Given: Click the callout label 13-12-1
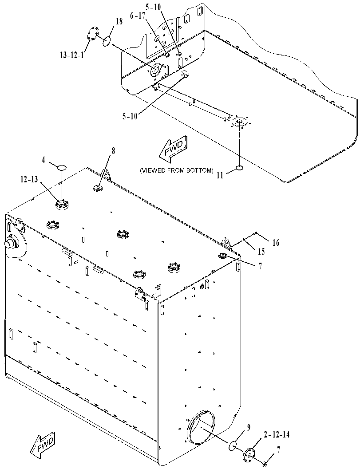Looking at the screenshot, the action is pos(72,55).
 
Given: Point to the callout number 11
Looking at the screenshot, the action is pos(220,176).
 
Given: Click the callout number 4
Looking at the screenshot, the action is pos(44,160).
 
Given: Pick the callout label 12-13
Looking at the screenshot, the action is pos(29,179).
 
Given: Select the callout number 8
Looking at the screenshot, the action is pos(113,151).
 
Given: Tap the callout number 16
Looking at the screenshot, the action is pos(276,243).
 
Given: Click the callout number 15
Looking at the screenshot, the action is pos(261,252).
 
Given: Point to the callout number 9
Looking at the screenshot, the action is pos(248,427).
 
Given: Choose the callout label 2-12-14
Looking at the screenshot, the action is pos(277,434).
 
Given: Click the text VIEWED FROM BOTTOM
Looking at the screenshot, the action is pos(177,170).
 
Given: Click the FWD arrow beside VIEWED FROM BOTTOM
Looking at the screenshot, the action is pos(173,146).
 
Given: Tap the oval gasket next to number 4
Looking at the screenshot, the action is pos(61,167).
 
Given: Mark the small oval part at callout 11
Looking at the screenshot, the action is pos(240,168).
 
